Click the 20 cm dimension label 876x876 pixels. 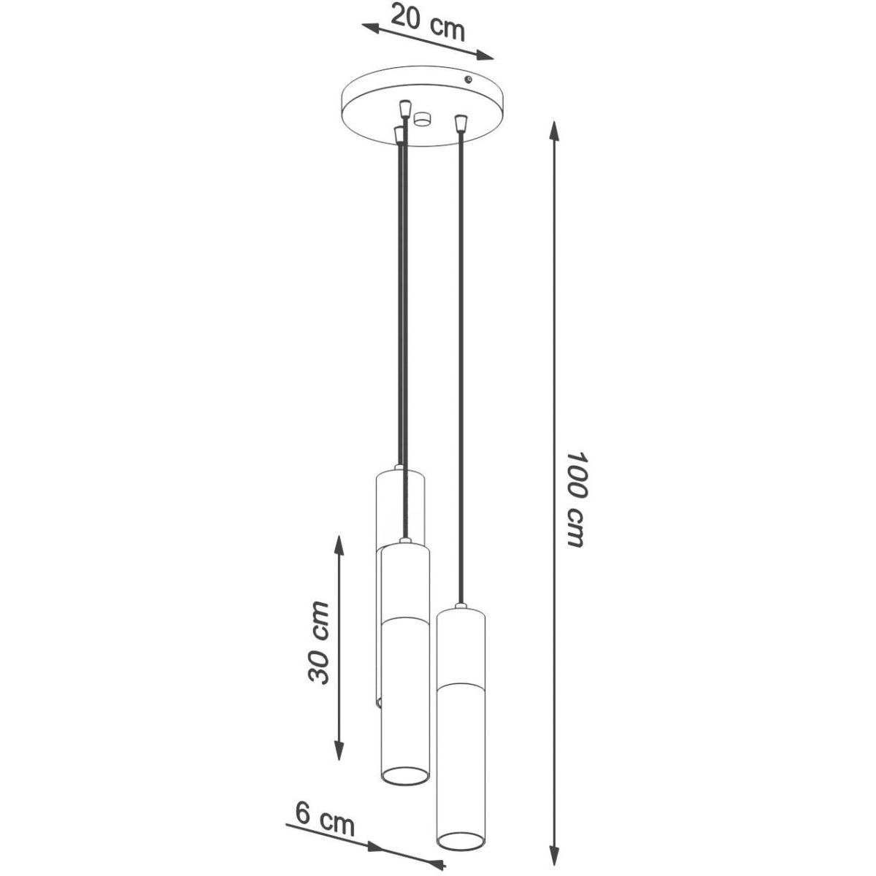(428, 23)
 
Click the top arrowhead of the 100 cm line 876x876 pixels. (553, 133)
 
